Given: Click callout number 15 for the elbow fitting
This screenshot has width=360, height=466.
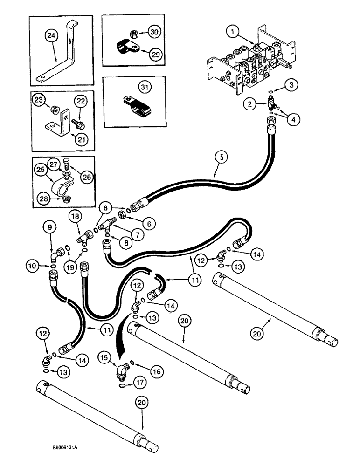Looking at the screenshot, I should (104, 357).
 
